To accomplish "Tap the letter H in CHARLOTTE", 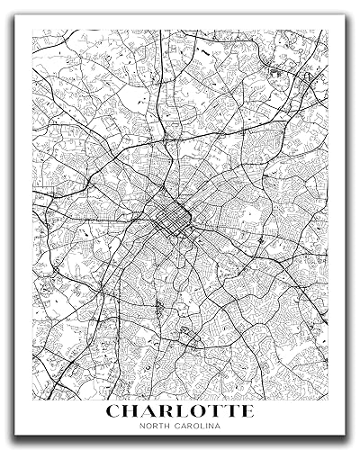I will pos(132,410).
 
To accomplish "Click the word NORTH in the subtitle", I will pos(154,427).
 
